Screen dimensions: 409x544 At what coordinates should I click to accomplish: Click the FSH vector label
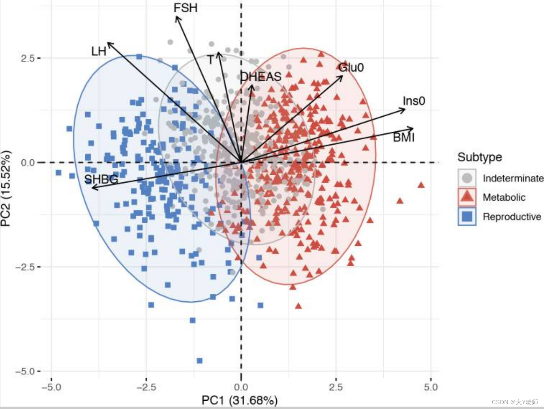[185, 8]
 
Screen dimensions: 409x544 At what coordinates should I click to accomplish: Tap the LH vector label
[99, 51]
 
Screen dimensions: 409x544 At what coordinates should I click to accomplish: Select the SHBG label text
[101, 179]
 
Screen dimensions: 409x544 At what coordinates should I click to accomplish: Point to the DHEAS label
[261, 77]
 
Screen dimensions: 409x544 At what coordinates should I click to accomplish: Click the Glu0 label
[351, 67]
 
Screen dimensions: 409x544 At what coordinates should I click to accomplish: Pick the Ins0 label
[414, 101]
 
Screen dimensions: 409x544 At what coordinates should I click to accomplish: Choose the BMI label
[404, 137]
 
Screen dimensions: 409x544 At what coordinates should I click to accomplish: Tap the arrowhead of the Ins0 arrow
[404, 109]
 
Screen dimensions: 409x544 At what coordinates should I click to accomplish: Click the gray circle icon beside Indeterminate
[467, 178]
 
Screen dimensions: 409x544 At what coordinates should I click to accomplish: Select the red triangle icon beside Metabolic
[467, 197]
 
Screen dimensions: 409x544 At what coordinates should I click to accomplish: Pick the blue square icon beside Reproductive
[467, 216]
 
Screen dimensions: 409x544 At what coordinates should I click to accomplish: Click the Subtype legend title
[480, 157]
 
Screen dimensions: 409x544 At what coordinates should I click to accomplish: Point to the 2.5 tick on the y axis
[28, 58]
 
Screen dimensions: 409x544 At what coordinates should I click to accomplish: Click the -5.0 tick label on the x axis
[51, 387]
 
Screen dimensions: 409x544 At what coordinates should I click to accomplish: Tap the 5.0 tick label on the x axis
[431, 387]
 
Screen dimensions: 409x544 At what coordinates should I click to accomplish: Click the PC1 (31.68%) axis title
[239, 400]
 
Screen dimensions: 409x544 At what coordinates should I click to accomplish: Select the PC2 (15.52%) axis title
[6, 189]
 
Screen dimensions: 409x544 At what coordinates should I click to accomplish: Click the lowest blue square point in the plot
[199, 360]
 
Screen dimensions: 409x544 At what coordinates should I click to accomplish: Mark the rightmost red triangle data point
[421, 185]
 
